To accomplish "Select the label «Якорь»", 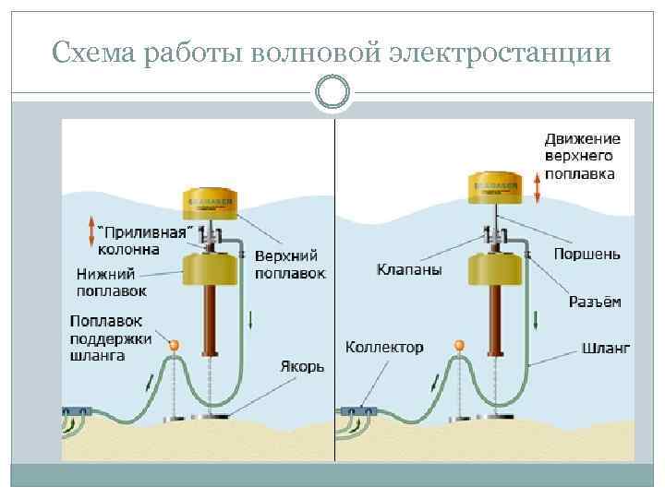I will coord(301,366).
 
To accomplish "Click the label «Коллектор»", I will coord(384,348).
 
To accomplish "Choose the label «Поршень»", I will coord(586,253).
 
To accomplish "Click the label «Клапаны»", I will coord(409,270).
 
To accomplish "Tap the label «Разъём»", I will coord(594,302).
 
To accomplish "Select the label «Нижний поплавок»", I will coord(106,281).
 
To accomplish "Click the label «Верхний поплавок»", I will coord(289,264).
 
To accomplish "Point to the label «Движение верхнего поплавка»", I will coord(581,156).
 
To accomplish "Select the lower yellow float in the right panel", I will coord(496,272).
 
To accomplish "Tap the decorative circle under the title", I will coord(332,92).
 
